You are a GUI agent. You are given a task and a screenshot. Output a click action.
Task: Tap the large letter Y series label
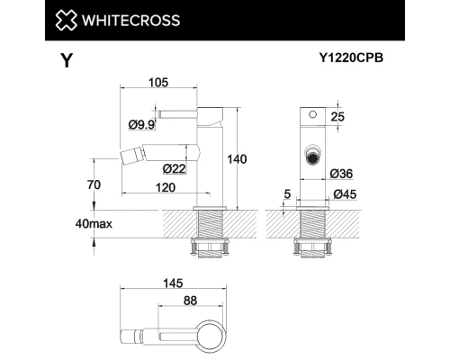[x=66, y=61]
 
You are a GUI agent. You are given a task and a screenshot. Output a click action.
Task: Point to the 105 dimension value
[x=158, y=84]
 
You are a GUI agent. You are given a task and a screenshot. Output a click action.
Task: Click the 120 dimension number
[x=165, y=187]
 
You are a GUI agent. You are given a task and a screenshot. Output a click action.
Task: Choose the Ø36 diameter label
[x=340, y=173]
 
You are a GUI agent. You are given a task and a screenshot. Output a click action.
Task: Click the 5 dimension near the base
[x=286, y=193]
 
